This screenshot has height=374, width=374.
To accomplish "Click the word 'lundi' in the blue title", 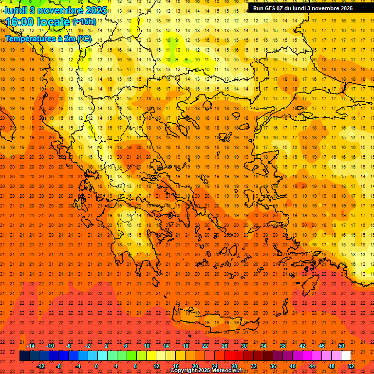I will [16, 10].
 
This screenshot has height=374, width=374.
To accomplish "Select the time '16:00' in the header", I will [20, 22].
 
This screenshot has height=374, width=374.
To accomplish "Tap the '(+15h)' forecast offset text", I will [84, 22].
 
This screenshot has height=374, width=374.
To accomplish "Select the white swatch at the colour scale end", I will [346, 356].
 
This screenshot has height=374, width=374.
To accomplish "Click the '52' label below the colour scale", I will [351, 366].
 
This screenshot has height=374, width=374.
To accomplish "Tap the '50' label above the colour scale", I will [341, 346].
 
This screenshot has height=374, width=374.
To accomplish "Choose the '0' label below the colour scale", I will [96, 366].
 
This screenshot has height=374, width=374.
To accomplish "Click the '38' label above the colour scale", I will [283, 346].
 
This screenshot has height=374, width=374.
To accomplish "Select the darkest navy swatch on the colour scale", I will [24, 356].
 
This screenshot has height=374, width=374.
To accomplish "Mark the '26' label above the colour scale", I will [224, 346].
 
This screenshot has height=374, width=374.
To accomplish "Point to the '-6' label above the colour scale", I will [69, 346].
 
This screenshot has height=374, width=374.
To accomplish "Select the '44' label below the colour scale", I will [312, 366].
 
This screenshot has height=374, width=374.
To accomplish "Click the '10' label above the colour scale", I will [147, 346].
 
